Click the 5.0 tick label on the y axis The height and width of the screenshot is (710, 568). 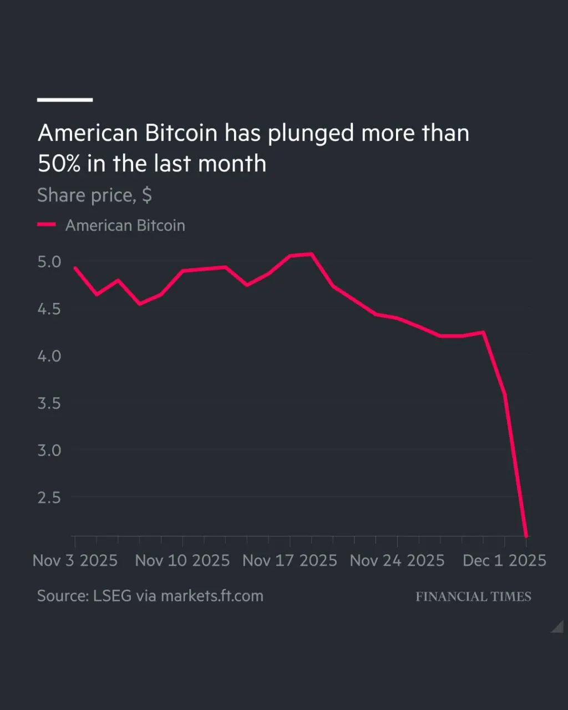(49, 261)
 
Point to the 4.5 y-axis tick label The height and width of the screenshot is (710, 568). (49, 308)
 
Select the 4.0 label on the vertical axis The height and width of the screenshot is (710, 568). (49, 356)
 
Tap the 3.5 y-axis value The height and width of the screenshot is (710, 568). (49, 403)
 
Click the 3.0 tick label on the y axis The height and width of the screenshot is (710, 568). (49, 450)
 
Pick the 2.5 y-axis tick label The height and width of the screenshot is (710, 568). (49, 497)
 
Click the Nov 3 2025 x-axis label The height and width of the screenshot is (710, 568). (75, 560)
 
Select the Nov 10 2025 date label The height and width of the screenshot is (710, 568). (182, 560)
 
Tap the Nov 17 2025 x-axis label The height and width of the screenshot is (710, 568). (290, 560)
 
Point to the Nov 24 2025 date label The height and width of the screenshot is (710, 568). (397, 560)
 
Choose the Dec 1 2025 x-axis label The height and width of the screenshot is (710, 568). (504, 560)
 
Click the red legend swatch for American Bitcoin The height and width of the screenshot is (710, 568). (47, 225)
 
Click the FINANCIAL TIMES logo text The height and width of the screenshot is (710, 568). (473, 597)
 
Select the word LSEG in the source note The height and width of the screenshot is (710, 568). (113, 596)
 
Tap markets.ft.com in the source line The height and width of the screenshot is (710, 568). (212, 596)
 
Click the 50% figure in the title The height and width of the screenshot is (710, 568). (59, 164)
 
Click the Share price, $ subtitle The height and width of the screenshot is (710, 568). (94, 195)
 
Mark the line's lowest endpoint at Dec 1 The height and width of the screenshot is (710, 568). (526, 536)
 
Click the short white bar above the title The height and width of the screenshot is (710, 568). (64, 100)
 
